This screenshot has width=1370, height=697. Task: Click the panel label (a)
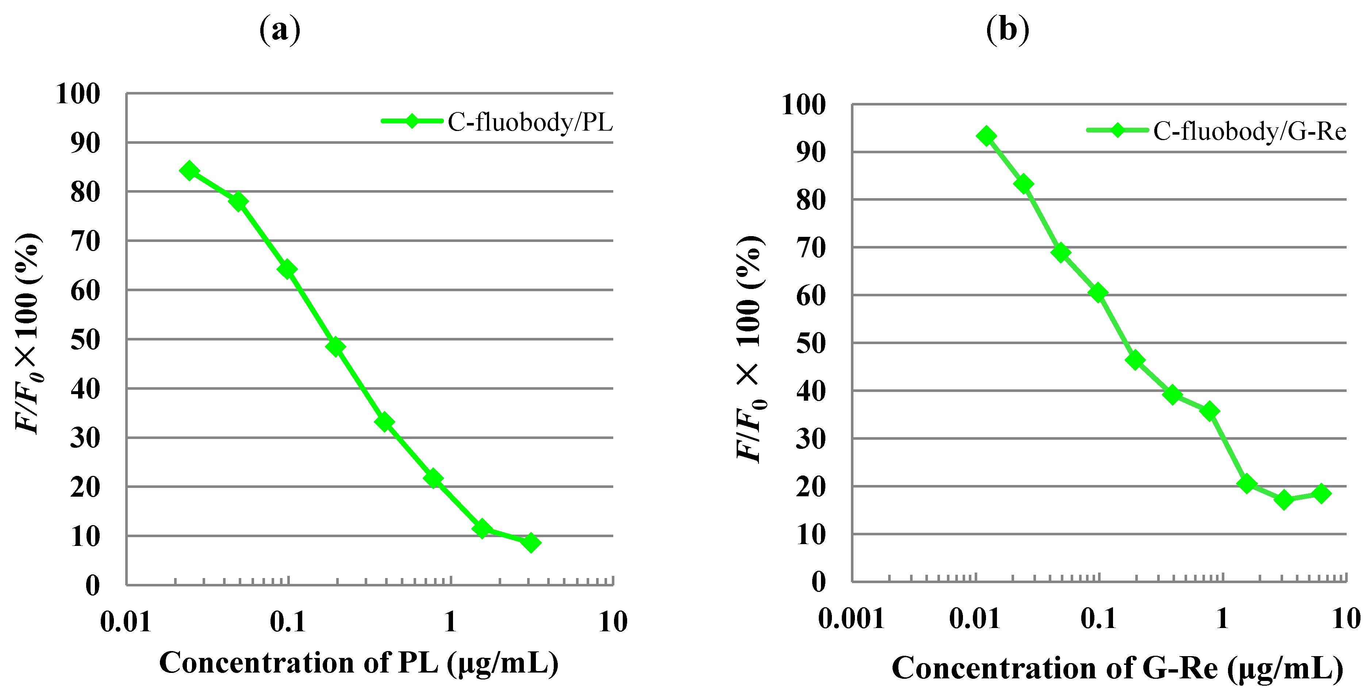pos(280,30)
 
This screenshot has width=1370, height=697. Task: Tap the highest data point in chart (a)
pos(189,171)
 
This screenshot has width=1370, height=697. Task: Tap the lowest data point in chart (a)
pos(530,542)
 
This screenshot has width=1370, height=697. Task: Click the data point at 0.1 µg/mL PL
pos(287,270)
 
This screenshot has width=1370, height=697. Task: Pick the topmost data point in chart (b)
pos(987,136)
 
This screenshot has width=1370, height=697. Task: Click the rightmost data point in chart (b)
pos(1321,493)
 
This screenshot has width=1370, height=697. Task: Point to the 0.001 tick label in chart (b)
pos(851,618)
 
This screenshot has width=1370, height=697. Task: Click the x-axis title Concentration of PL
pos(358,663)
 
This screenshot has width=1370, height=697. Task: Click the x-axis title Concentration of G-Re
pos(1117,668)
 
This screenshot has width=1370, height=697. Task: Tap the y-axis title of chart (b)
pos(750,349)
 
